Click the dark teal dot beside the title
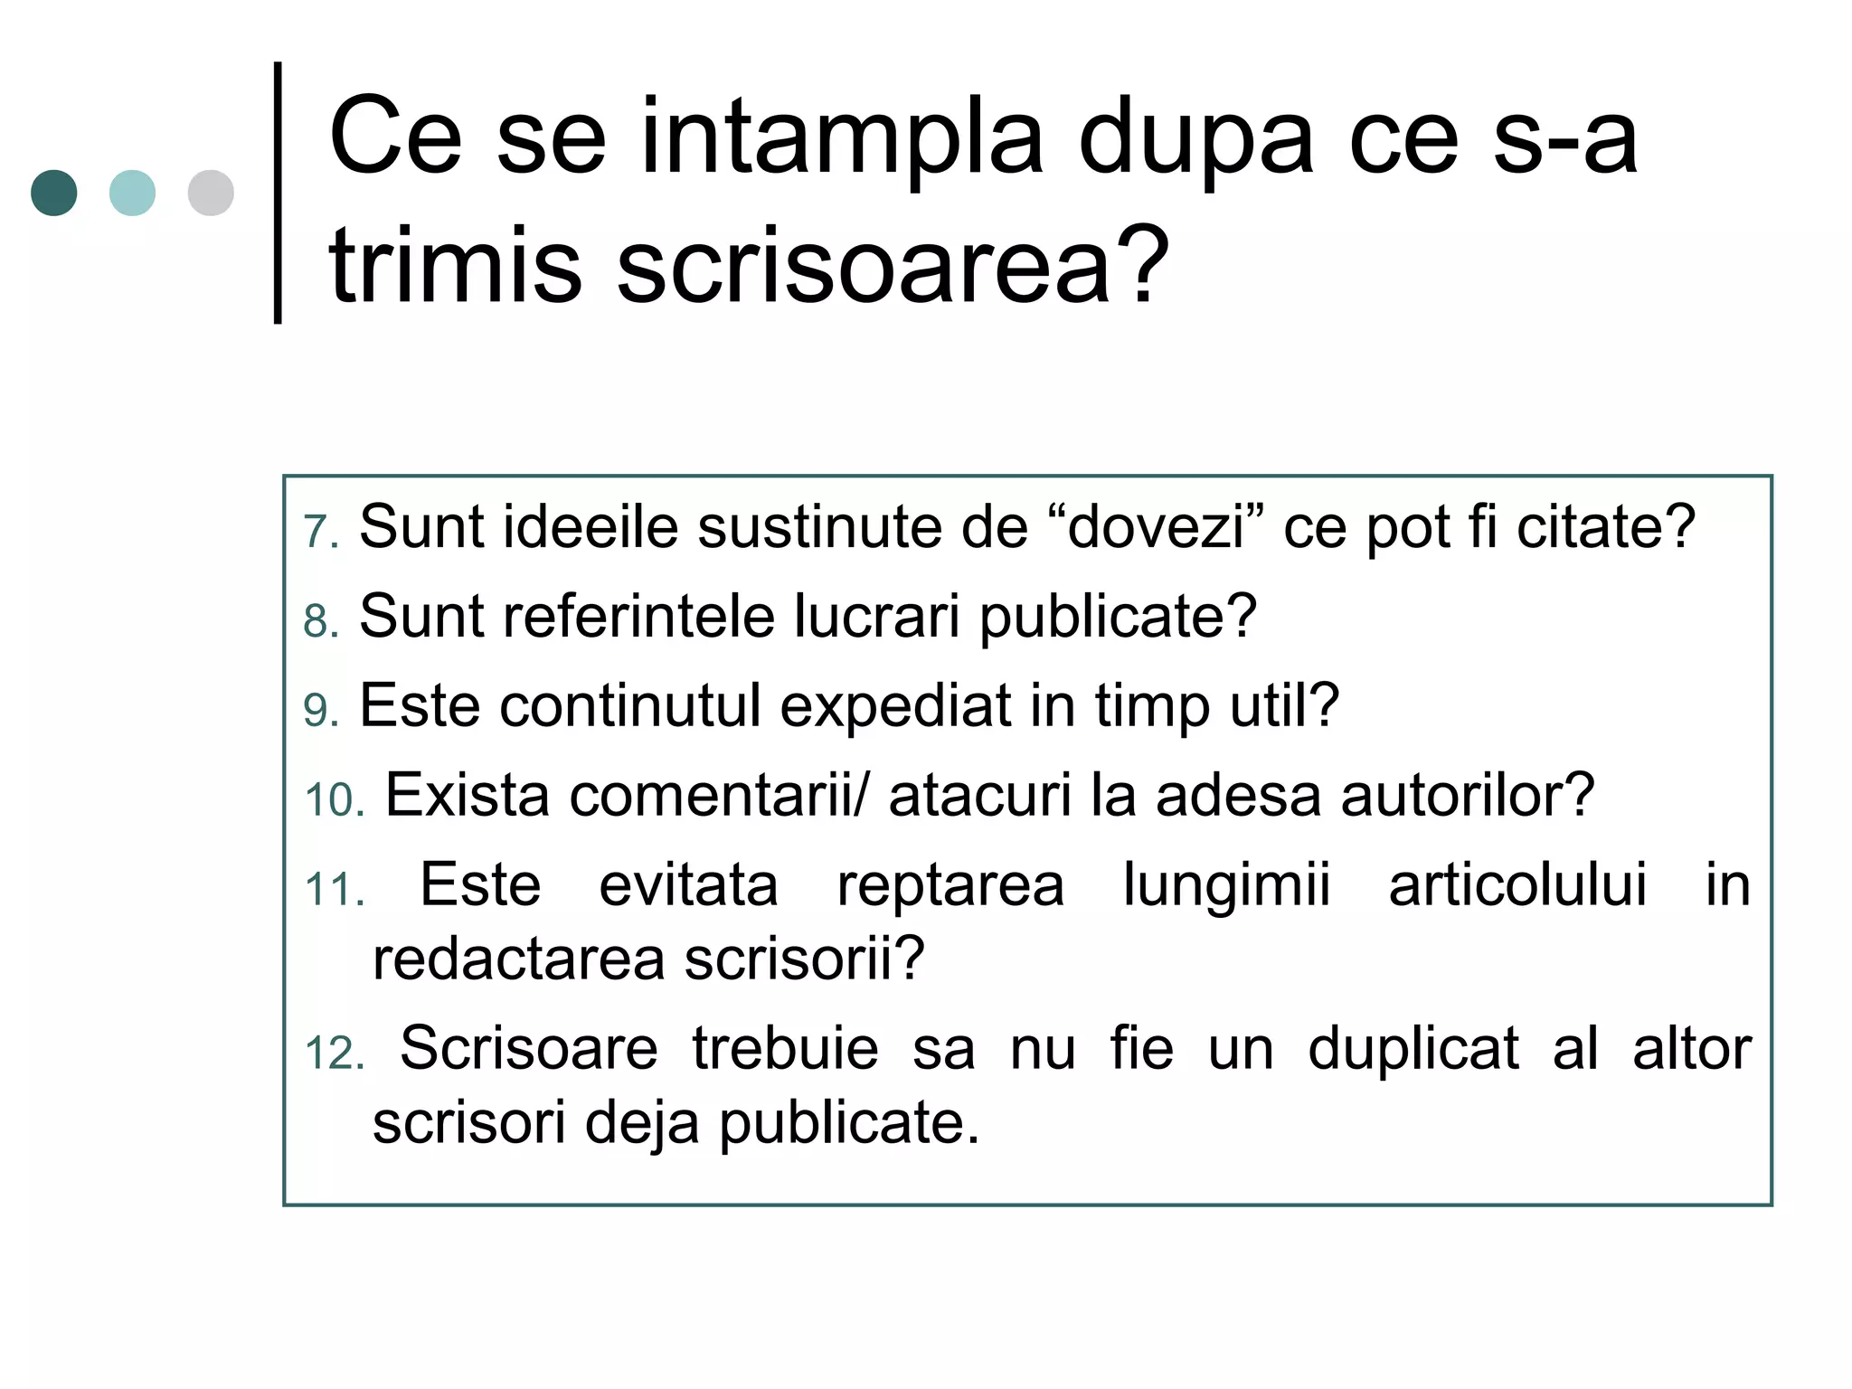(54, 193)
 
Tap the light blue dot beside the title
(132, 193)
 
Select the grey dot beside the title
(211, 193)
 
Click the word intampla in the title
(841, 140)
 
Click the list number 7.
(320, 532)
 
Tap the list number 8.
(320, 622)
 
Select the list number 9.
(320, 711)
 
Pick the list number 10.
(334, 800)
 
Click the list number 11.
(334, 890)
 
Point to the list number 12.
(334, 1054)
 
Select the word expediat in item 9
(895, 705)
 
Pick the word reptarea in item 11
(950, 885)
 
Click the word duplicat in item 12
(1413, 1050)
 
